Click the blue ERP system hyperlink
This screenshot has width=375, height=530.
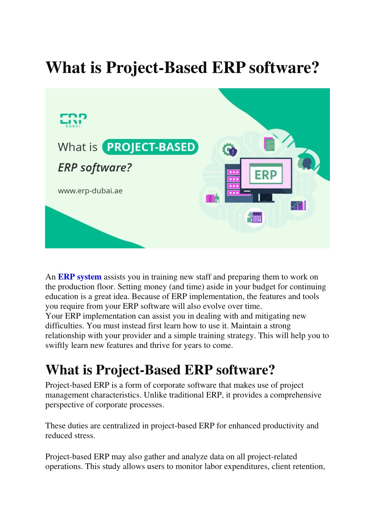coord(80,277)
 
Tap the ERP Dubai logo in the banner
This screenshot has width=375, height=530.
coord(73,121)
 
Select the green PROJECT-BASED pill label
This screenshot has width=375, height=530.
coord(150,147)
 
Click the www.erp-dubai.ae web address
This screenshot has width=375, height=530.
coord(90,191)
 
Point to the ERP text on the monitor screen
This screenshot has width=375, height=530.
coord(266,175)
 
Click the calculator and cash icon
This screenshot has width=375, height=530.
coord(254,217)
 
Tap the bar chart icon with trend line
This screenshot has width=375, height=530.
coord(298,205)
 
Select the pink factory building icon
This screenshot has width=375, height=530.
coord(212,198)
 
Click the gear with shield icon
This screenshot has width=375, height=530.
coord(229,150)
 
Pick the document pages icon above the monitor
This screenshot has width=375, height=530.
coord(269,144)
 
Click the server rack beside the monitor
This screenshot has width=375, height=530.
coord(233,183)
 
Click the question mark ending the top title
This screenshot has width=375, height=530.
coord(316,67)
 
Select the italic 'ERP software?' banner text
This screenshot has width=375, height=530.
coord(95,168)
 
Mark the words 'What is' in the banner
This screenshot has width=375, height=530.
coord(78,147)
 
